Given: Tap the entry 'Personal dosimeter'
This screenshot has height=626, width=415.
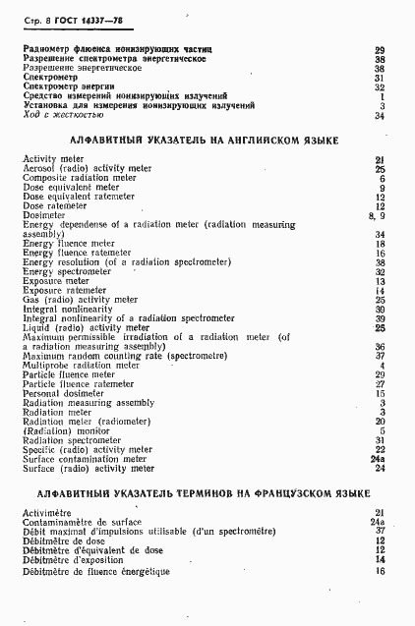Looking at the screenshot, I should tap(63, 392).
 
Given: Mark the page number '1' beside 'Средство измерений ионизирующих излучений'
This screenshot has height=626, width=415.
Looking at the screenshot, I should tap(381, 96).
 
